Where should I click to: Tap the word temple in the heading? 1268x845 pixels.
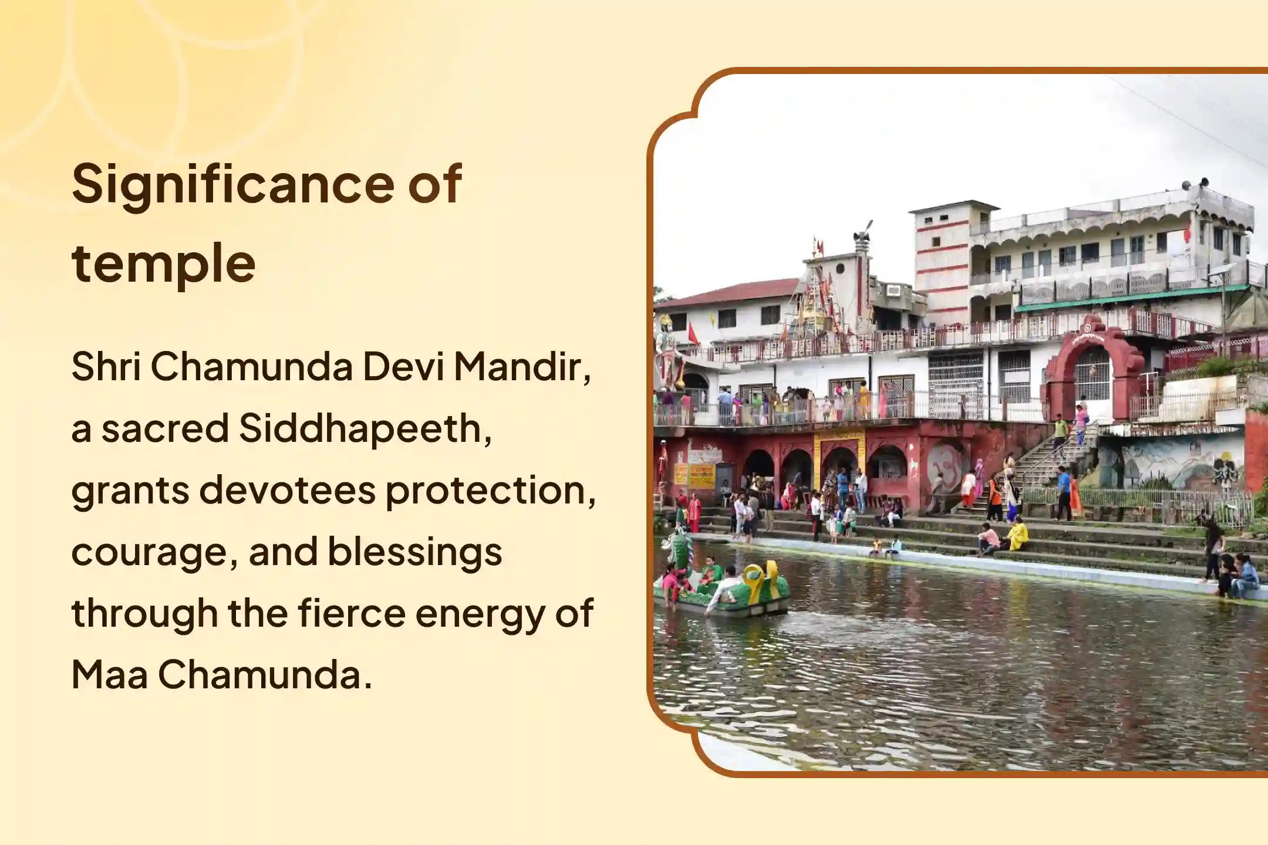point(163,264)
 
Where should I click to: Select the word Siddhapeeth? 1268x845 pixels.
point(365,429)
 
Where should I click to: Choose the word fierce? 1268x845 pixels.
point(351,614)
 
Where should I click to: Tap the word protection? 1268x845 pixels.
point(490,491)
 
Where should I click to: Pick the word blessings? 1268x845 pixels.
point(414,552)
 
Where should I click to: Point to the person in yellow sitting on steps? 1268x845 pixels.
point(1018,535)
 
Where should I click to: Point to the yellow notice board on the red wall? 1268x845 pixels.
point(701,475)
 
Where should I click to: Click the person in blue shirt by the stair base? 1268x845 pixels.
point(1064,493)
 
